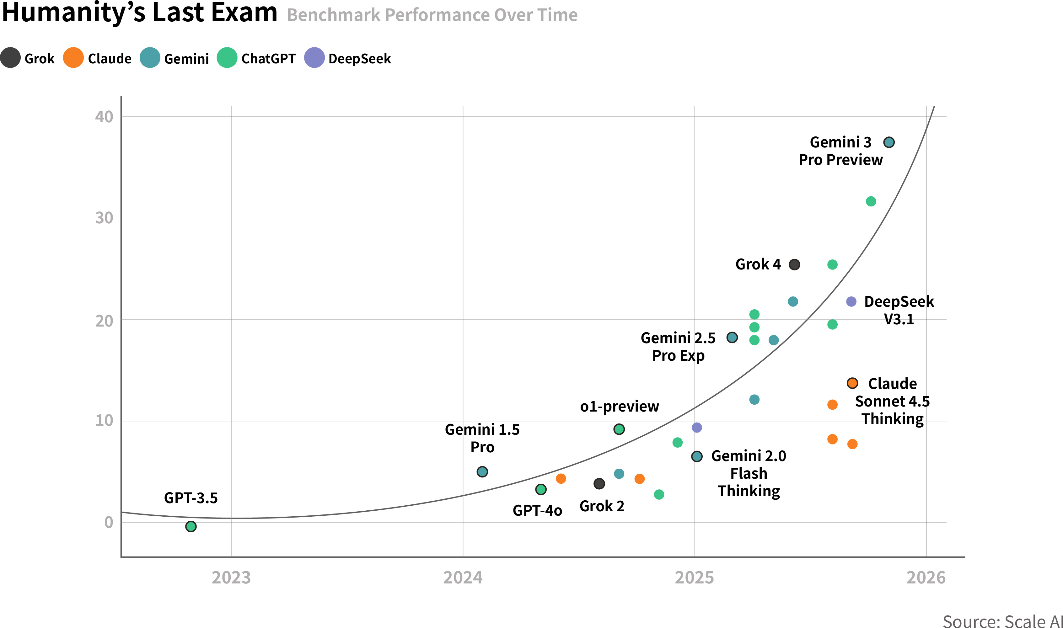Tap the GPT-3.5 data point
[x=191, y=526]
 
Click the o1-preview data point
[x=619, y=429]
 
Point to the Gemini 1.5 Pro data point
[x=482, y=471]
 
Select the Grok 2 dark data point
[x=599, y=484]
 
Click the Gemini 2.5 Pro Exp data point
[x=732, y=337]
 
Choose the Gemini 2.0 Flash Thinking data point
[x=697, y=456]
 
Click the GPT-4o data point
[x=541, y=489]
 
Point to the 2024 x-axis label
[x=463, y=577]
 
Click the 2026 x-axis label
[x=926, y=577]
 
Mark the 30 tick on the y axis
[x=104, y=218]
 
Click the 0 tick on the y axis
[x=109, y=522]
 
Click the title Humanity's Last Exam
[x=140, y=13]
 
